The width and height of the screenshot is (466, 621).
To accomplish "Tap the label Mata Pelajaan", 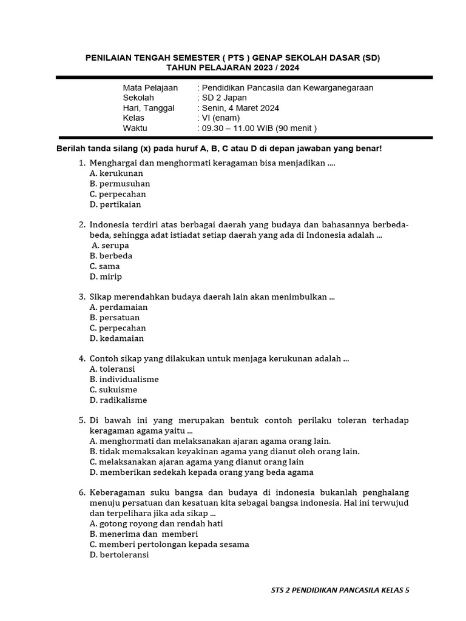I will (x=150, y=87).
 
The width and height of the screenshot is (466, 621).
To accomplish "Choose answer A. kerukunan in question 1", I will (x=116, y=173).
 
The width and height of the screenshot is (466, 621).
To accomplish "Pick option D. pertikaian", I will (x=115, y=204).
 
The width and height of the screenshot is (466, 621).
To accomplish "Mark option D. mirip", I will (x=106, y=277).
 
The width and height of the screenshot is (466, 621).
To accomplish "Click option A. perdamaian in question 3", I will (x=118, y=307).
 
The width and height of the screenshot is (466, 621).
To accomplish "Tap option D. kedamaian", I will (x=116, y=338).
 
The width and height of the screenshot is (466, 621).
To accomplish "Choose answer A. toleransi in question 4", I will (x=112, y=369).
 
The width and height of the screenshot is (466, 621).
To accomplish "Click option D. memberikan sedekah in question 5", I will (x=201, y=472).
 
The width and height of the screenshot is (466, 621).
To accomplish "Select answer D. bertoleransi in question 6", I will (x=119, y=554).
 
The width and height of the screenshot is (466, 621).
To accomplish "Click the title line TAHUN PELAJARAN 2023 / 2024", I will (x=232, y=67).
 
